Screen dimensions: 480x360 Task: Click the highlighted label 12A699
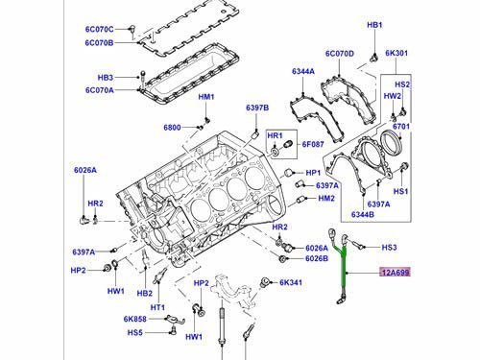[395, 273]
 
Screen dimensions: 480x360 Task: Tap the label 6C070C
[99, 30]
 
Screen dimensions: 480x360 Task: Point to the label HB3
[106, 78]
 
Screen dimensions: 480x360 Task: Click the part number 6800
[172, 128]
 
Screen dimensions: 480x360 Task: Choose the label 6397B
[257, 108]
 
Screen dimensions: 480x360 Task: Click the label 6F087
[313, 144]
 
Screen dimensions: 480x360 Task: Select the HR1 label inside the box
[275, 135]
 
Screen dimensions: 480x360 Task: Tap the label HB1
[374, 25]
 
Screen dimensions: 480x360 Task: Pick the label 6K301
[396, 53]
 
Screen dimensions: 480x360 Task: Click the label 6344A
[303, 71]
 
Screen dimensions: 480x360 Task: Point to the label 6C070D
[340, 54]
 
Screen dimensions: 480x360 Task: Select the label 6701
[401, 127]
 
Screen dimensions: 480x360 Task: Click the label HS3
[389, 247]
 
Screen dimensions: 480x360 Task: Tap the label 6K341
[291, 282]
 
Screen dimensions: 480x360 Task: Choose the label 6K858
[135, 319]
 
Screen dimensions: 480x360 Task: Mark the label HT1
[157, 307]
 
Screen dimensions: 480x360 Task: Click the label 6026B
[317, 258]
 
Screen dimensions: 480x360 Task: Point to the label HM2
[326, 199]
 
